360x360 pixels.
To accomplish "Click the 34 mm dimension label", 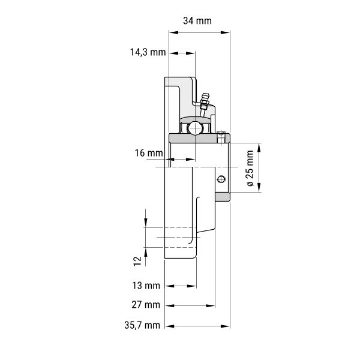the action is pyautogui.click(x=197, y=21).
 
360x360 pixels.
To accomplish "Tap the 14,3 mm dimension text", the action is pyautogui.click(x=148, y=52).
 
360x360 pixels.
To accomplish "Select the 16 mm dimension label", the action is pyautogui.click(x=149, y=153).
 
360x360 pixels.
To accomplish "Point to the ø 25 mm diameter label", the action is pyautogui.click(x=250, y=168).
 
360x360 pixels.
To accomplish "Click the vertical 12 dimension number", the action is pyautogui.click(x=137, y=261).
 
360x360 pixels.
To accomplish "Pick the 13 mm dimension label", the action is pyautogui.click(x=146, y=286).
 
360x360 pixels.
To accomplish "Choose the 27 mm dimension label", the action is pyautogui.click(x=146, y=305).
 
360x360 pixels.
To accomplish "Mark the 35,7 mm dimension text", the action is pyautogui.click(x=142, y=325).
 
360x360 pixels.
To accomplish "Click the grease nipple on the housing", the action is pyautogui.click(x=204, y=104).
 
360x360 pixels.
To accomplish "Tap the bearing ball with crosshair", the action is pyautogui.click(x=195, y=128).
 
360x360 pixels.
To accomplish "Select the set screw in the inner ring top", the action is pyautogui.click(x=221, y=137).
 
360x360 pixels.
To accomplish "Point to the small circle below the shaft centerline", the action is pyautogui.click(x=221, y=179).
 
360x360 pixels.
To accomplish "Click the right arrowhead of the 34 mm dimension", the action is pyautogui.click(x=225, y=32).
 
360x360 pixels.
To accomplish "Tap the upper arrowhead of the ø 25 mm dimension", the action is pyautogui.click(x=259, y=148).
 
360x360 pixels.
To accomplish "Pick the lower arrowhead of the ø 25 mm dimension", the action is pyautogui.click(x=259, y=187).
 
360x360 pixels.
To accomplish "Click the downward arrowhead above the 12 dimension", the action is pyautogui.click(x=146, y=223).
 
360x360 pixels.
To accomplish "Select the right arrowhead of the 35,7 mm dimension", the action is pyautogui.click(x=225, y=326).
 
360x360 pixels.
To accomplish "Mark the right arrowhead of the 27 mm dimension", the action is pyautogui.click(x=211, y=306).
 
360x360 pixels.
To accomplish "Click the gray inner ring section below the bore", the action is pyautogui.click(x=223, y=197).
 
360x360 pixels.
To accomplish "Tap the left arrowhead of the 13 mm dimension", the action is pyautogui.click(x=169, y=286).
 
